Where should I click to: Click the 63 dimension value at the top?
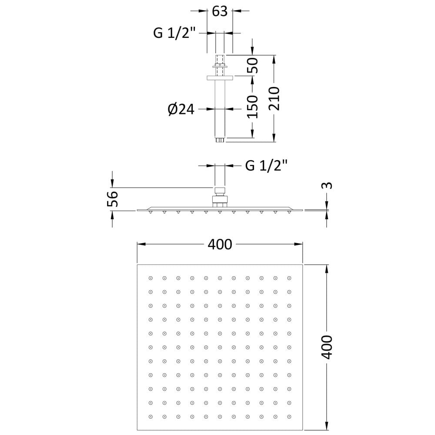click(220, 11)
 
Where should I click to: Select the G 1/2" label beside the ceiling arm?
click(175, 33)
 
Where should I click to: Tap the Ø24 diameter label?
click(181, 109)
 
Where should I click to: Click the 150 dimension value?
click(252, 107)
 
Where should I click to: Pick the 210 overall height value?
click(274, 99)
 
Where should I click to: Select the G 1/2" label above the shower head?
click(266, 166)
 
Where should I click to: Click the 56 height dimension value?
click(113, 199)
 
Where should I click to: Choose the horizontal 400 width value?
click(220, 244)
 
